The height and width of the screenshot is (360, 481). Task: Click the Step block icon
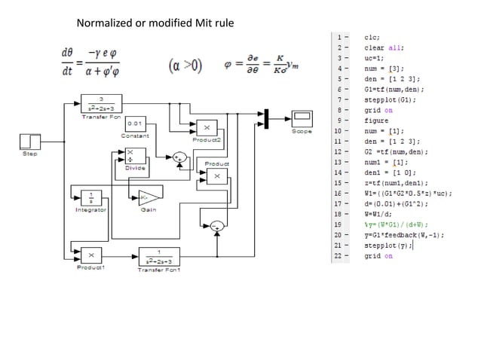coord(30,142)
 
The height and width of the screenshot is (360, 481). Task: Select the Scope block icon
coord(302,118)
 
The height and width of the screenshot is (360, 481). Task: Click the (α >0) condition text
coord(185,66)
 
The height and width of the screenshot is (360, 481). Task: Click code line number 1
coord(342,36)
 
